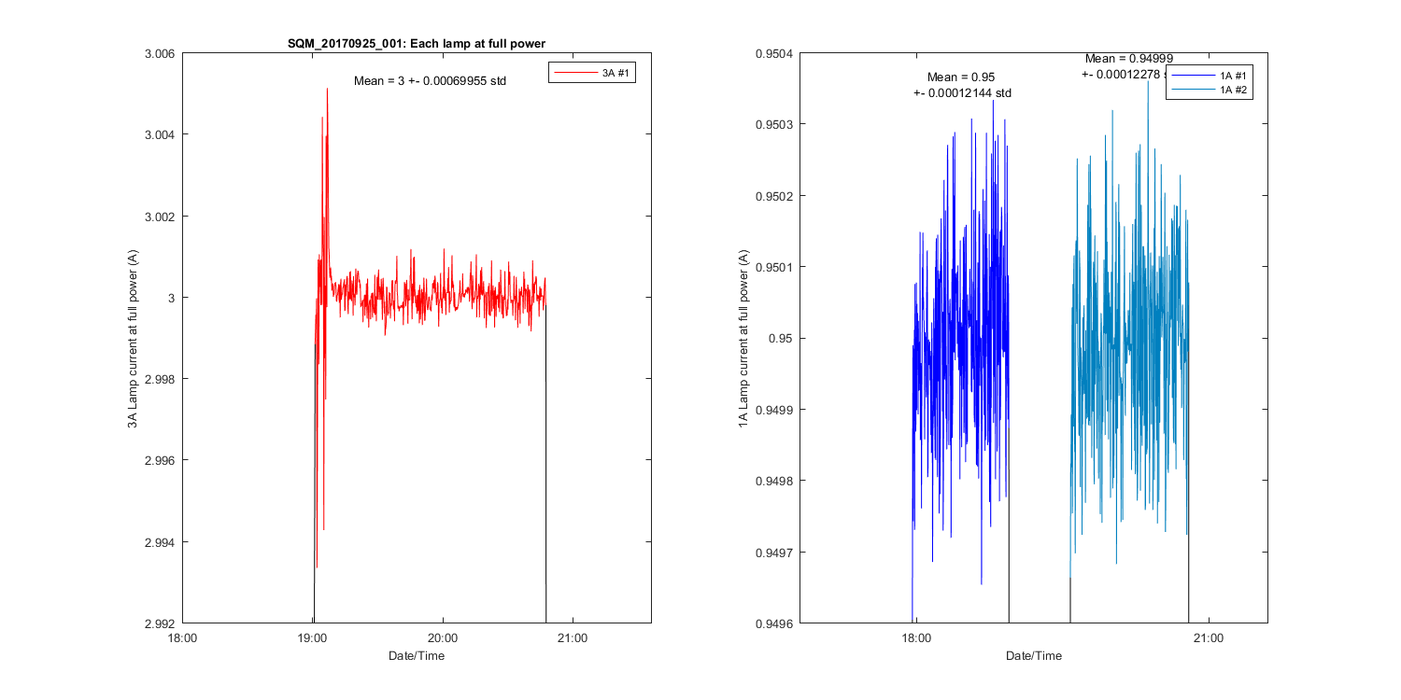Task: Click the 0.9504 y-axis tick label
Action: click(x=773, y=54)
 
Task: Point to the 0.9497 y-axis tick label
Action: click(x=773, y=553)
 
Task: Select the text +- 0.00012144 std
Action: click(x=962, y=93)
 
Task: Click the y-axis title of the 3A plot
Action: click(x=133, y=339)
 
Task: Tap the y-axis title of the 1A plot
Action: click(x=743, y=339)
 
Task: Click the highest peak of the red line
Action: click(x=327, y=89)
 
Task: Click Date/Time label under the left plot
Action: click(x=417, y=656)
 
